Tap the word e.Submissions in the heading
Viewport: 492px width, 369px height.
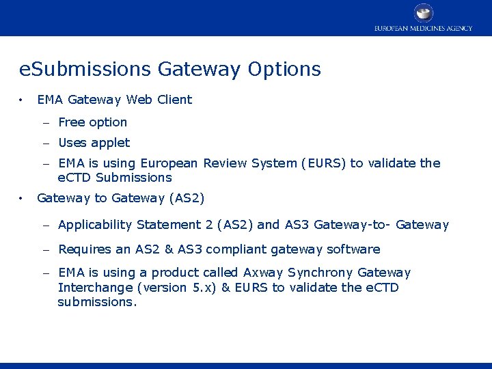pyautogui.click(x=86, y=70)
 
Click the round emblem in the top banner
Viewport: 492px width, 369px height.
pyautogui.click(x=424, y=12)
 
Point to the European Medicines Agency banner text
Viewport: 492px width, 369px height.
pyautogui.click(x=423, y=28)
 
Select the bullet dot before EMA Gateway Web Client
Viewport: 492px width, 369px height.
pyautogui.click(x=23, y=100)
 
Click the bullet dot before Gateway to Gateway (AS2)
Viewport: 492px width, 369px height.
pyautogui.click(x=23, y=199)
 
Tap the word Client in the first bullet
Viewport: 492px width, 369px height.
pyautogui.click(x=176, y=100)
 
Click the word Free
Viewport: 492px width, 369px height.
pyautogui.click(x=71, y=122)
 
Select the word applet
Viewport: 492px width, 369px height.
pyautogui.click(x=111, y=143)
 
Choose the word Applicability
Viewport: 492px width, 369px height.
pyautogui.click(x=96, y=225)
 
